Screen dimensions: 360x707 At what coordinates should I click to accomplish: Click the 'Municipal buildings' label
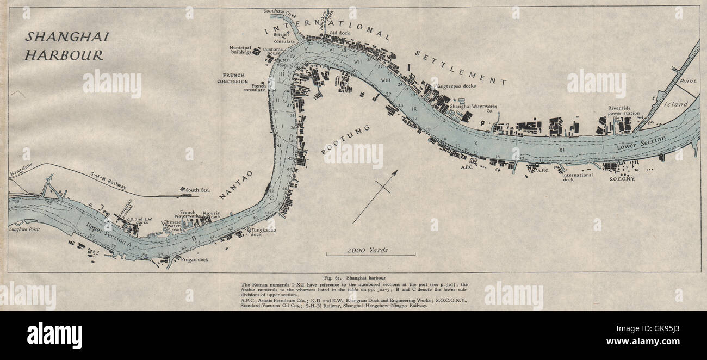click(240, 50)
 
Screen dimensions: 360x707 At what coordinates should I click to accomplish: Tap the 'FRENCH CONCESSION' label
click(232, 78)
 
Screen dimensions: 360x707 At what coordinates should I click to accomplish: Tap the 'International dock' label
click(578, 177)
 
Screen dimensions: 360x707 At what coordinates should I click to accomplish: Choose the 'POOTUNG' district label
click(346, 140)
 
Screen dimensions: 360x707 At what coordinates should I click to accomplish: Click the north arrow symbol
click(375, 196)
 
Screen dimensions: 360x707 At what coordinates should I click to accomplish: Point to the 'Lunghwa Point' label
click(24, 229)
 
